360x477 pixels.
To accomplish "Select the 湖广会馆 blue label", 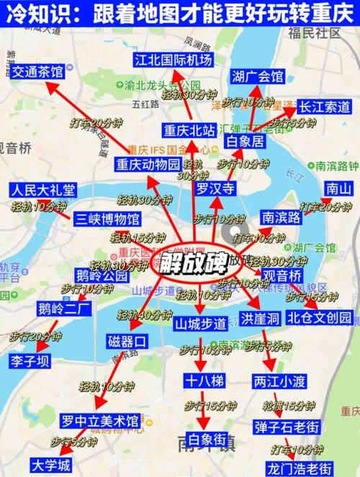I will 258,77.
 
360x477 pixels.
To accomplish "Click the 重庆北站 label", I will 189,131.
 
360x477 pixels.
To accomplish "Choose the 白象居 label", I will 246,142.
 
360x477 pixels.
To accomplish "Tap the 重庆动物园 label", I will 148,164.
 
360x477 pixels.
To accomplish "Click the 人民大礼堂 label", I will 42,191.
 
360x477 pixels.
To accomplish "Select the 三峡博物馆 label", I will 107,218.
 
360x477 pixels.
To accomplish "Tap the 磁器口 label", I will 127,340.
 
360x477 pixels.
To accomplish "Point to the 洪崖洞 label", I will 260,319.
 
